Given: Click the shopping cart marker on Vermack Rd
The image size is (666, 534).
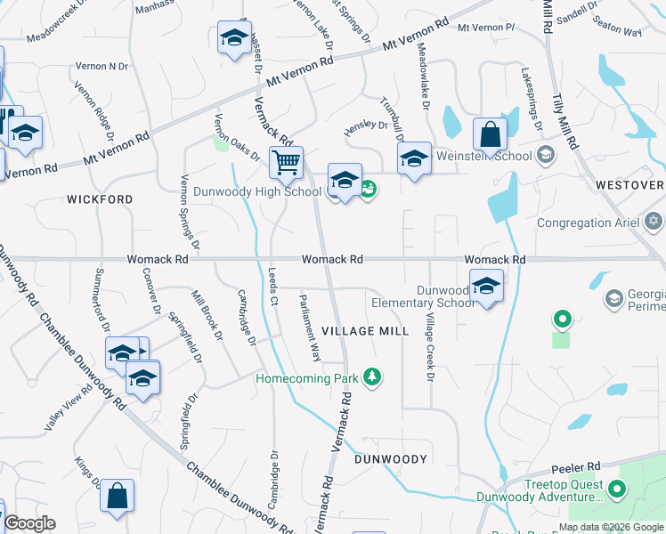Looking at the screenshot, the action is click(x=286, y=163).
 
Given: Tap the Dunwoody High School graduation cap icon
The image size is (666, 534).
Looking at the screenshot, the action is click(x=344, y=181).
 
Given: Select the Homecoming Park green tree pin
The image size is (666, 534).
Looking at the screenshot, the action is click(x=372, y=378).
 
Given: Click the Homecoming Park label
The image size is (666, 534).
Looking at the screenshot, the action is click(x=306, y=378).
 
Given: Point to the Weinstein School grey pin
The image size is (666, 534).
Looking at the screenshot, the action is click(x=545, y=156).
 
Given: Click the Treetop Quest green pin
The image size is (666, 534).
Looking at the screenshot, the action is click(x=615, y=489).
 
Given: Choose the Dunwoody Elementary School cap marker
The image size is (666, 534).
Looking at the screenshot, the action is click(x=486, y=287).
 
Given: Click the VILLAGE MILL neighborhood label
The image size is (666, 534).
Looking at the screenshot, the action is click(x=365, y=331).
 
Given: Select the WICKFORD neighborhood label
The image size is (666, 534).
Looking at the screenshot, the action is click(x=100, y=199).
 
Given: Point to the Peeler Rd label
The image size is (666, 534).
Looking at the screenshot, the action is click(x=577, y=466).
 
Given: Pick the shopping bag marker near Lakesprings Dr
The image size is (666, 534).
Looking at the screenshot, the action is click(x=490, y=135).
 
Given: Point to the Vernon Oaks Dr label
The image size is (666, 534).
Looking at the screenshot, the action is click(x=235, y=135).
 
